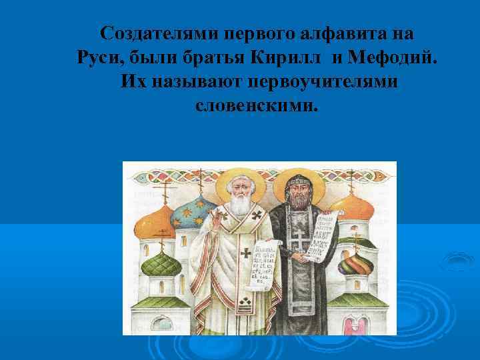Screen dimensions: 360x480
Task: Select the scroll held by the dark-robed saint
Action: [x=325, y=233]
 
